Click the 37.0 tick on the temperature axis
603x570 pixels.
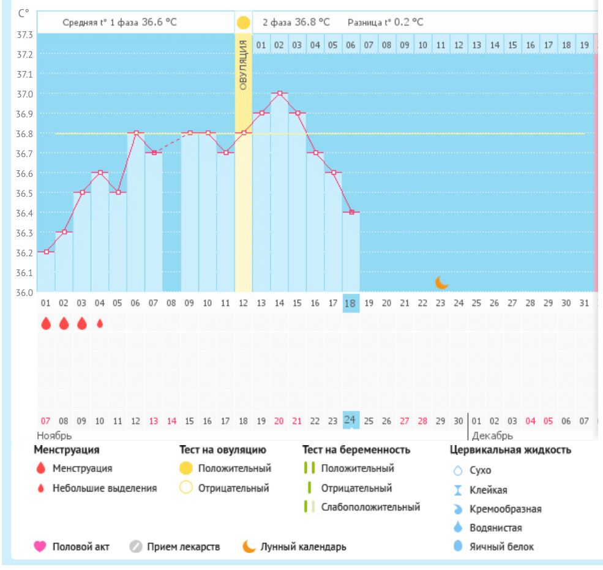(25, 94)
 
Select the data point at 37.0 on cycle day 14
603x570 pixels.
(280, 93)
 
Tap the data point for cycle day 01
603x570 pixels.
(46, 252)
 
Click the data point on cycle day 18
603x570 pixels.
(351, 212)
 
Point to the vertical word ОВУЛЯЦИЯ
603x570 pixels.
(243, 65)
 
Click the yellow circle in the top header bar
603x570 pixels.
(243, 23)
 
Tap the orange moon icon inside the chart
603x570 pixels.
(441, 282)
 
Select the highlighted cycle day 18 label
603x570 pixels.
(351, 303)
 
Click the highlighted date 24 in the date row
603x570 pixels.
(351, 420)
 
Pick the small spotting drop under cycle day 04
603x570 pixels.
(100, 323)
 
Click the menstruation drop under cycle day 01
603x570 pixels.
(46, 323)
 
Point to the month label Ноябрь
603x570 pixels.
(54, 436)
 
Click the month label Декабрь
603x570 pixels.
(492, 436)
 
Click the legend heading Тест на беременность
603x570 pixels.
(356, 450)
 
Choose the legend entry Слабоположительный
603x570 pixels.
(370, 507)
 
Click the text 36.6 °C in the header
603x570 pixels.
(160, 22)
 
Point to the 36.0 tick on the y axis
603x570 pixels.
(25, 291)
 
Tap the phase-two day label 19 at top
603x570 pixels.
(585, 45)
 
